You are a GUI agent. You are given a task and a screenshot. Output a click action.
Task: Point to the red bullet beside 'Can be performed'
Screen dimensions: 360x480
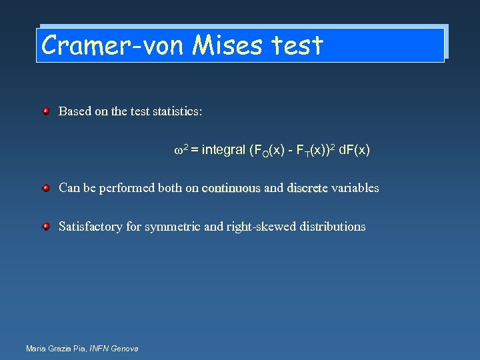click(46, 188)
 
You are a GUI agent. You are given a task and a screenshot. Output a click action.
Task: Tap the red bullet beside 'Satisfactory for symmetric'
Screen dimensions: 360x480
click(46, 227)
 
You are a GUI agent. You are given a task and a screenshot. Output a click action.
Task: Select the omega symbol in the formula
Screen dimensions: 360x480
click(178, 151)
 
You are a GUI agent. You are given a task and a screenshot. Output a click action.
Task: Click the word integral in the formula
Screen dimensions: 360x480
click(223, 150)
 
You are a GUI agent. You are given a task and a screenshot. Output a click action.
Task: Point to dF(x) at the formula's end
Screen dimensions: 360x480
click(354, 150)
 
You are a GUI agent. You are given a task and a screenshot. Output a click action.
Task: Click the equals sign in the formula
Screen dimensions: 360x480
click(193, 151)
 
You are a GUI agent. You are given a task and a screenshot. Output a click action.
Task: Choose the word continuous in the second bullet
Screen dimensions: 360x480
click(231, 188)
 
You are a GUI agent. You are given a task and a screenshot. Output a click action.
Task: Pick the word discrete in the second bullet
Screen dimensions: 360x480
click(307, 188)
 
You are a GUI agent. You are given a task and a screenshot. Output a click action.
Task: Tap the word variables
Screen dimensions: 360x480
click(355, 188)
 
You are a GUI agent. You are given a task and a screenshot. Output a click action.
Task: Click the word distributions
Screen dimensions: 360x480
click(332, 227)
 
